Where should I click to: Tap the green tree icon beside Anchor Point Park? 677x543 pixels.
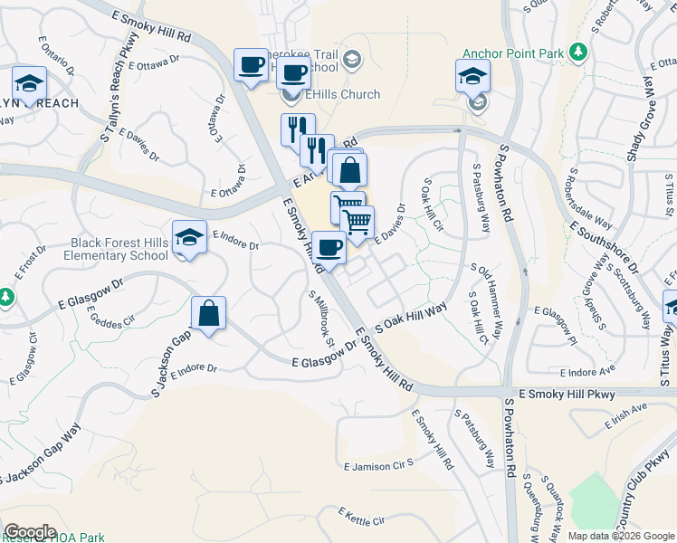[577, 52]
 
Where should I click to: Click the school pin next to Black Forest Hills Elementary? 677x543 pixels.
[189, 238]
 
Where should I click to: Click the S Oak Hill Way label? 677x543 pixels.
[412, 321]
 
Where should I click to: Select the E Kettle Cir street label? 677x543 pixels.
[362, 517]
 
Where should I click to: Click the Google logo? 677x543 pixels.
[30, 532]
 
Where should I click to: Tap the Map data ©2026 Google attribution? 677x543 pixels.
[621, 536]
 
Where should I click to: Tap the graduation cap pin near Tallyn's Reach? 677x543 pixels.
[29, 85]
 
